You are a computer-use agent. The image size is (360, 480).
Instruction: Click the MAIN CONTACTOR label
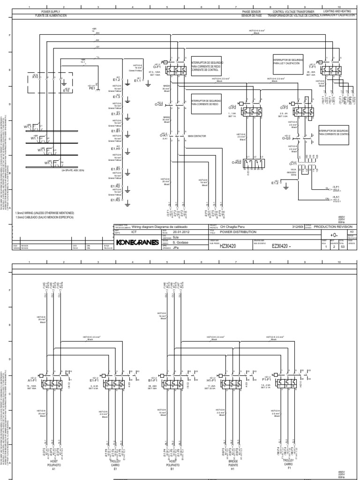(197, 137)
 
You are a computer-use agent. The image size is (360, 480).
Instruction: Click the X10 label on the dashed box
(35, 76)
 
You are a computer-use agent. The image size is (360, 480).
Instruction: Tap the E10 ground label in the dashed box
(66, 90)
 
